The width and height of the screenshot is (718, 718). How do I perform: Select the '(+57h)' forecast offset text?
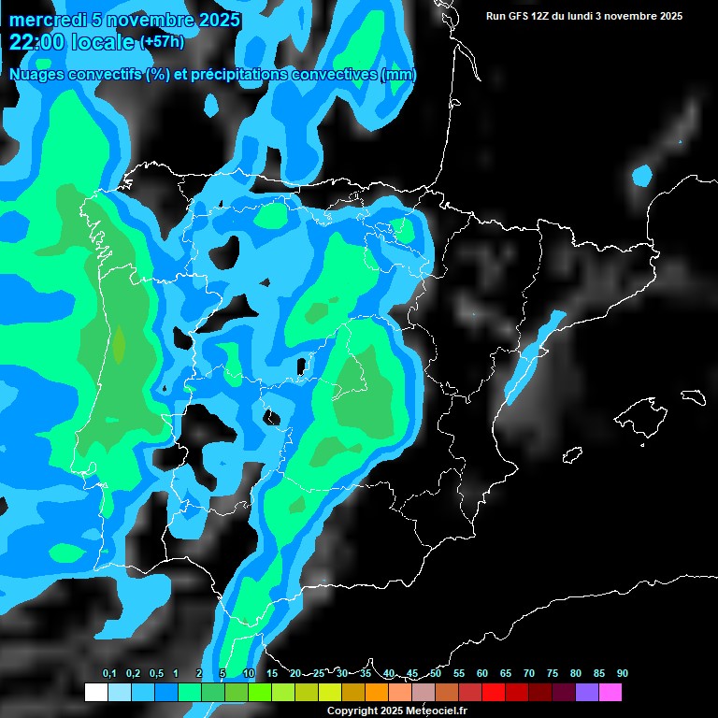162,42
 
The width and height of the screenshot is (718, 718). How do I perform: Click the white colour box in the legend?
96,692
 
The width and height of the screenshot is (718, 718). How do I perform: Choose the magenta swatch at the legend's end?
610,692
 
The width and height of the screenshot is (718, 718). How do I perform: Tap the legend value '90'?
623,673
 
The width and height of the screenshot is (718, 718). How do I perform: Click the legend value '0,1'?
108,673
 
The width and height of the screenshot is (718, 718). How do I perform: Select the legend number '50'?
436,673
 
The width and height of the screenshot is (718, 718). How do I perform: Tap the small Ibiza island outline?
572,453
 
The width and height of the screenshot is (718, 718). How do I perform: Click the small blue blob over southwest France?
641,175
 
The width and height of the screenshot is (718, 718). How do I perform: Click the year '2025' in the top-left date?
212,20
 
